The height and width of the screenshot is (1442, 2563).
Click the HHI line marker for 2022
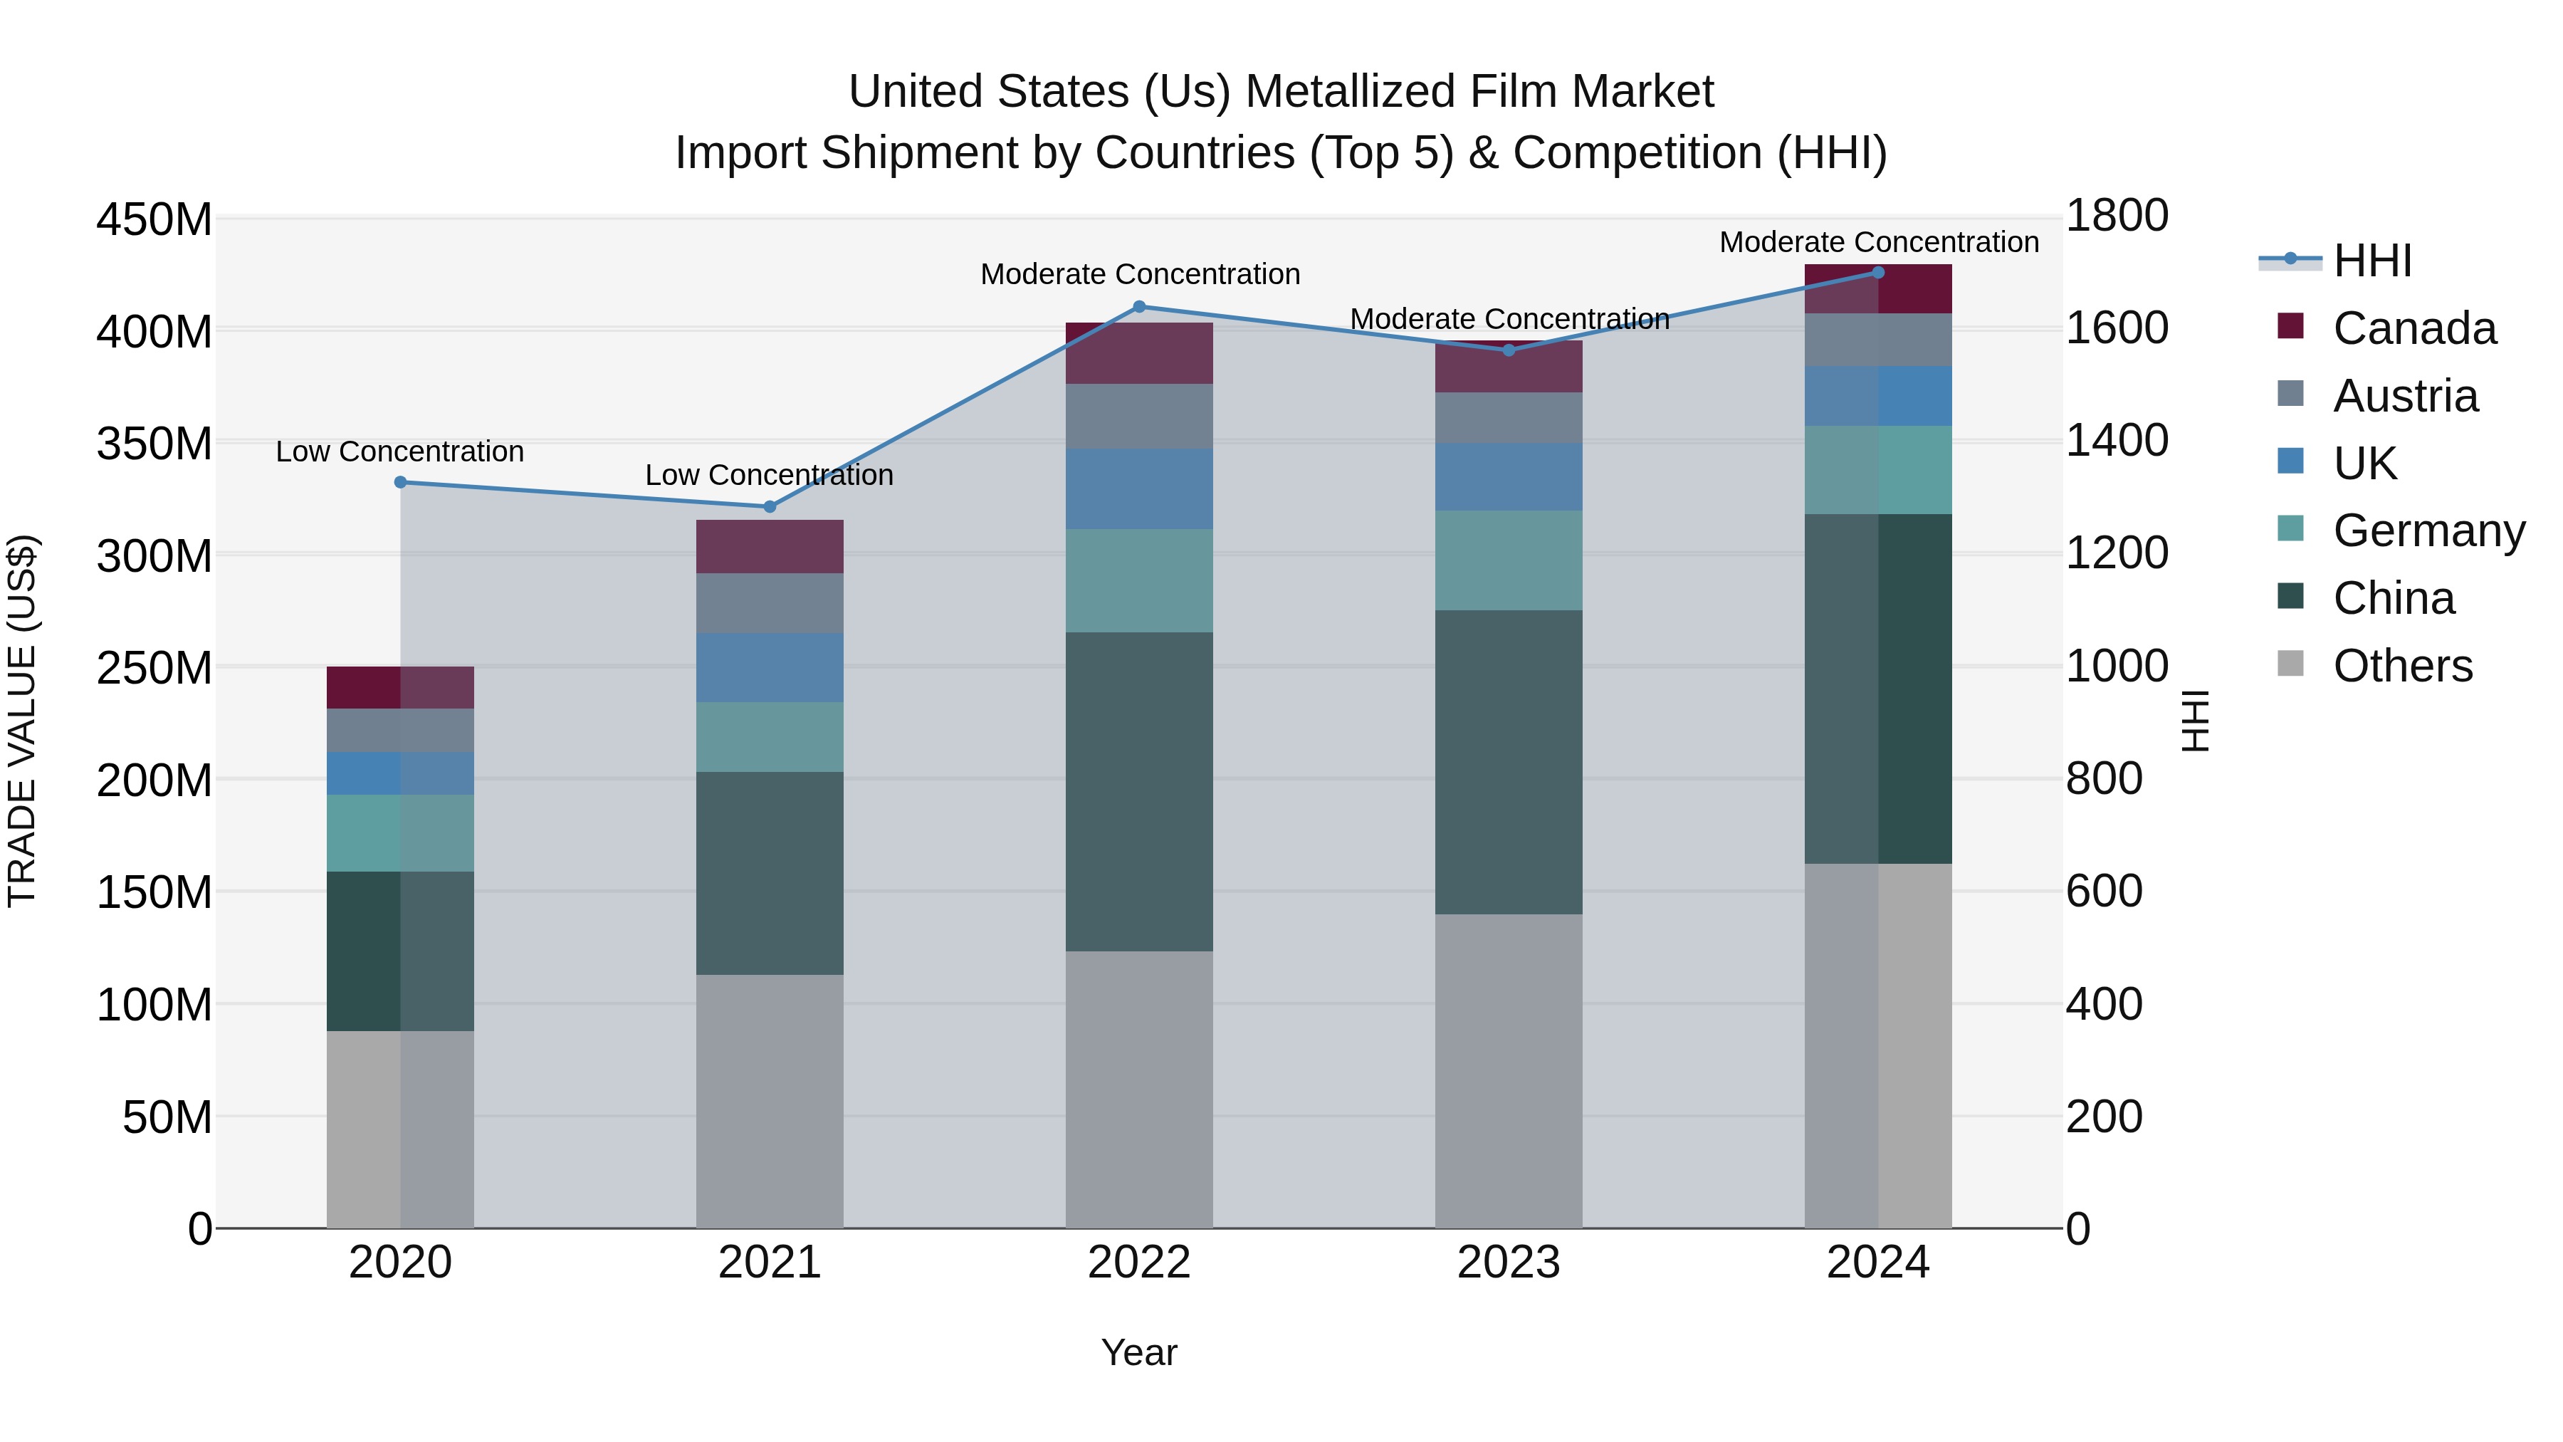pos(1139,306)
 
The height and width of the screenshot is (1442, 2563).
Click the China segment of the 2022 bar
pos(1139,791)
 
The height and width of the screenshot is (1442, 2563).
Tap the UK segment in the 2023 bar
pos(1509,476)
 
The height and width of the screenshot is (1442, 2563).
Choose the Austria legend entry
pos(2405,396)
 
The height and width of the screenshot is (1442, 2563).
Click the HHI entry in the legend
pos(2372,261)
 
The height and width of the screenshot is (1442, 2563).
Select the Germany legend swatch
pos(2290,528)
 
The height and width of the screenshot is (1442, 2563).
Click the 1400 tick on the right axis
pos(2117,440)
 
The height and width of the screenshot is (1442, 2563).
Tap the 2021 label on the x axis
pos(769,1263)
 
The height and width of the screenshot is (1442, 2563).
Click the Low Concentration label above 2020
pos(400,451)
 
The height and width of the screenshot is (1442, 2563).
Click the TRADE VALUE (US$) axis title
pos(22,721)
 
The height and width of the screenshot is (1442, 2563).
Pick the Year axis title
pos(1138,1352)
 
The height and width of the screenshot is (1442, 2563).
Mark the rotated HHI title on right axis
pos(2195,721)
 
